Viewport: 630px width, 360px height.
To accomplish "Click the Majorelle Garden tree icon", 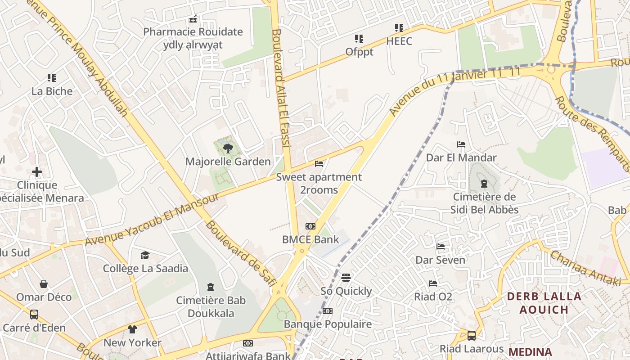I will pos(228,148).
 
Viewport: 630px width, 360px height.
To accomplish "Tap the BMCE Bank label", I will pos(310,239).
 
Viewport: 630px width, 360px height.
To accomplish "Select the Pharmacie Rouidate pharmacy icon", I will pos(193,19).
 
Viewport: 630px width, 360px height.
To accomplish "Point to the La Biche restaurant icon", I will pos(52,78).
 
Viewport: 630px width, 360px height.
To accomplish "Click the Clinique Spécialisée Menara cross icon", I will pos(37,172).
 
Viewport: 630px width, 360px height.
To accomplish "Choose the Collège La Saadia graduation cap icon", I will pos(145,256).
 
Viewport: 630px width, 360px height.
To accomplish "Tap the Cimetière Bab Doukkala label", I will pos(211,307).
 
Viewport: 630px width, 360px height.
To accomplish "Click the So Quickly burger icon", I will pos(346,278).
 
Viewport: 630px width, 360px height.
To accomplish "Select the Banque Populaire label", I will pos(328,324).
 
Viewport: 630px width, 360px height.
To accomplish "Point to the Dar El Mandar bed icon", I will pos(461,144).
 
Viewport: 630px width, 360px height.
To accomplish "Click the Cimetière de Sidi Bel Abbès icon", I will pos(484,184).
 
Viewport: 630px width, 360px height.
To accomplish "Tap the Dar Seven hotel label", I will pos(440,260).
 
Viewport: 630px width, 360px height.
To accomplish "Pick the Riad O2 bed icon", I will pos(433,283).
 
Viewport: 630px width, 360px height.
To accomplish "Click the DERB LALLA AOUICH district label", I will pos(544,303).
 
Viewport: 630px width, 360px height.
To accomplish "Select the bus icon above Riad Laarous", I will pos(471,336).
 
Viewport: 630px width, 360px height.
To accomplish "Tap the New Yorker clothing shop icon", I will pos(132,329).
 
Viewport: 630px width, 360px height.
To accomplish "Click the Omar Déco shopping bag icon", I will pos(44,284).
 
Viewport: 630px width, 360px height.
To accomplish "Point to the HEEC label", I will pos(399,41).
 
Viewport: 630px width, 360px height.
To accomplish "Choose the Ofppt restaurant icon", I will pos(359,39).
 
